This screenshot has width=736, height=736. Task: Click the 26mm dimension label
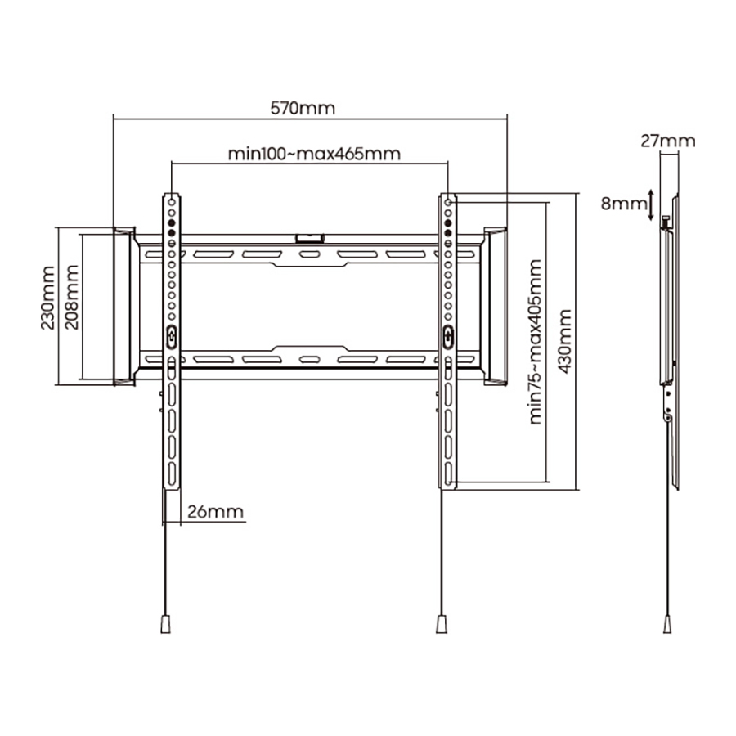point(216,513)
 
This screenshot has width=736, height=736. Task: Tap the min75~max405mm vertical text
point(536,342)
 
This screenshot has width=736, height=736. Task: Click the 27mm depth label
point(667,141)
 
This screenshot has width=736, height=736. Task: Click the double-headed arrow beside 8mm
point(650,203)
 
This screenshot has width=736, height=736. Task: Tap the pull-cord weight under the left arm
point(166,624)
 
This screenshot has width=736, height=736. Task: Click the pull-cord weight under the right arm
point(442,624)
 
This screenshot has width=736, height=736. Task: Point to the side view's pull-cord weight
point(668,624)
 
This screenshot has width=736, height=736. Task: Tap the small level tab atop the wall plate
point(309,238)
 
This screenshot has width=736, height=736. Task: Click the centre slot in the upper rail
point(309,255)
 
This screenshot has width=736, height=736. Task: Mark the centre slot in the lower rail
point(309,359)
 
